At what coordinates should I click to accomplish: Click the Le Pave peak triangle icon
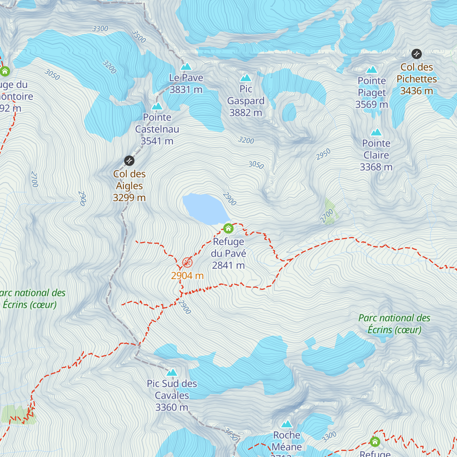pos(186,67)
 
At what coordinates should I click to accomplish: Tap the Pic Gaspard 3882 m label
pos(246,101)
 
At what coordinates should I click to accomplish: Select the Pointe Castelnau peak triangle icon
pos(157,106)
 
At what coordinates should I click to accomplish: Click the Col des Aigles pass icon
pos(129,161)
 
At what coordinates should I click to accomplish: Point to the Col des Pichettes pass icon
pos(417,54)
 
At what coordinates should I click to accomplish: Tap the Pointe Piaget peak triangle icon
pos(372,70)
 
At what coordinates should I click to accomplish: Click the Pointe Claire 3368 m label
pos(376,155)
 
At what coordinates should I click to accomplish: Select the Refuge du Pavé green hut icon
pos(228,228)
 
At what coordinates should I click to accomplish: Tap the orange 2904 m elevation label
pos(187,276)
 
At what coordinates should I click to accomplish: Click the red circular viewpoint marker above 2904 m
pos(187,262)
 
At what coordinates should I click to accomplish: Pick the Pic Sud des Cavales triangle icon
pos(172,372)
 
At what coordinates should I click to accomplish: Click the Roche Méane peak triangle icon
pos(287,424)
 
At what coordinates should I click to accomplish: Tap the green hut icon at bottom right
pos(375,442)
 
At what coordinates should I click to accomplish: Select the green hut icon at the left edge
pos(5,71)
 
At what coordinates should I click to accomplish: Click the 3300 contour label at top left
pos(100,29)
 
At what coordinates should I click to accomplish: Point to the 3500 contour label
pos(139,37)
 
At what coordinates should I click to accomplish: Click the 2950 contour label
pos(323,154)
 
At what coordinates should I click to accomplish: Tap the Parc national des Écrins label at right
pos(394,324)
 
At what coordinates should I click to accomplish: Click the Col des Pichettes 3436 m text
pos(417,79)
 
